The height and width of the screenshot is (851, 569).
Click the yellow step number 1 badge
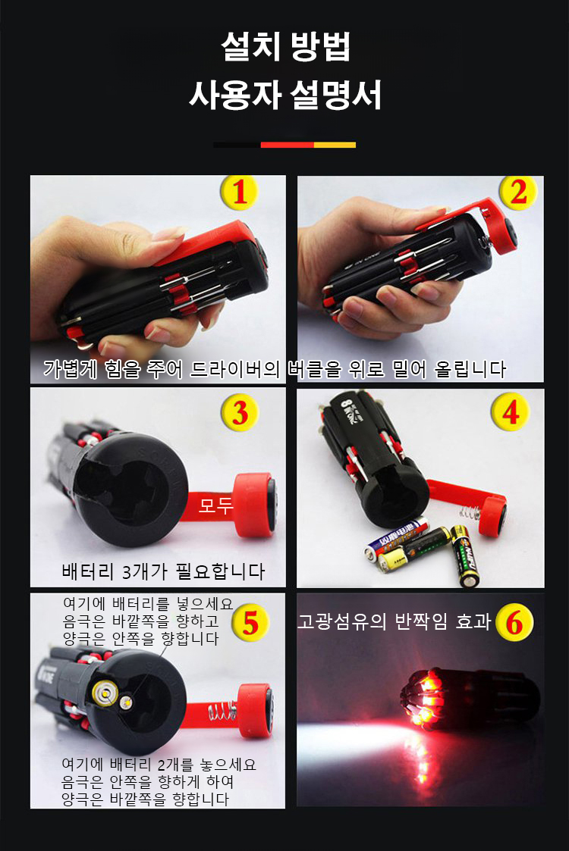coord(240,192)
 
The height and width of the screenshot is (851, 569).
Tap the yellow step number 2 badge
coord(518,192)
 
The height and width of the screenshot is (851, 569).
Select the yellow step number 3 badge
coord(240,414)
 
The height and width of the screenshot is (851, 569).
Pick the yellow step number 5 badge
coord(250,623)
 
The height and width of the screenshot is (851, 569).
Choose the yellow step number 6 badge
coord(514,622)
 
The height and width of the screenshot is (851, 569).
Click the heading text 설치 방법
coord(285,47)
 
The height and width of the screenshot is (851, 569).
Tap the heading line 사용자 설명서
coord(285,95)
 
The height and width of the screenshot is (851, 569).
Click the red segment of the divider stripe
coord(287,145)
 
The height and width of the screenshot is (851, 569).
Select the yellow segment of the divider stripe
coord(335,145)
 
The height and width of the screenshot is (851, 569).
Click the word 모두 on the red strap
coord(215,505)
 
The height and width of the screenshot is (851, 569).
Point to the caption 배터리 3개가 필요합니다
coord(163,571)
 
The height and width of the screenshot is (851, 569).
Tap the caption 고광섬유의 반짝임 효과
coord(394,621)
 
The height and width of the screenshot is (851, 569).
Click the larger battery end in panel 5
coord(105,693)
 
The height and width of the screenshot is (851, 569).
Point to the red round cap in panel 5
coord(255,711)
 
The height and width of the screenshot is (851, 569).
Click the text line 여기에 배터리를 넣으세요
coord(148,603)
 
